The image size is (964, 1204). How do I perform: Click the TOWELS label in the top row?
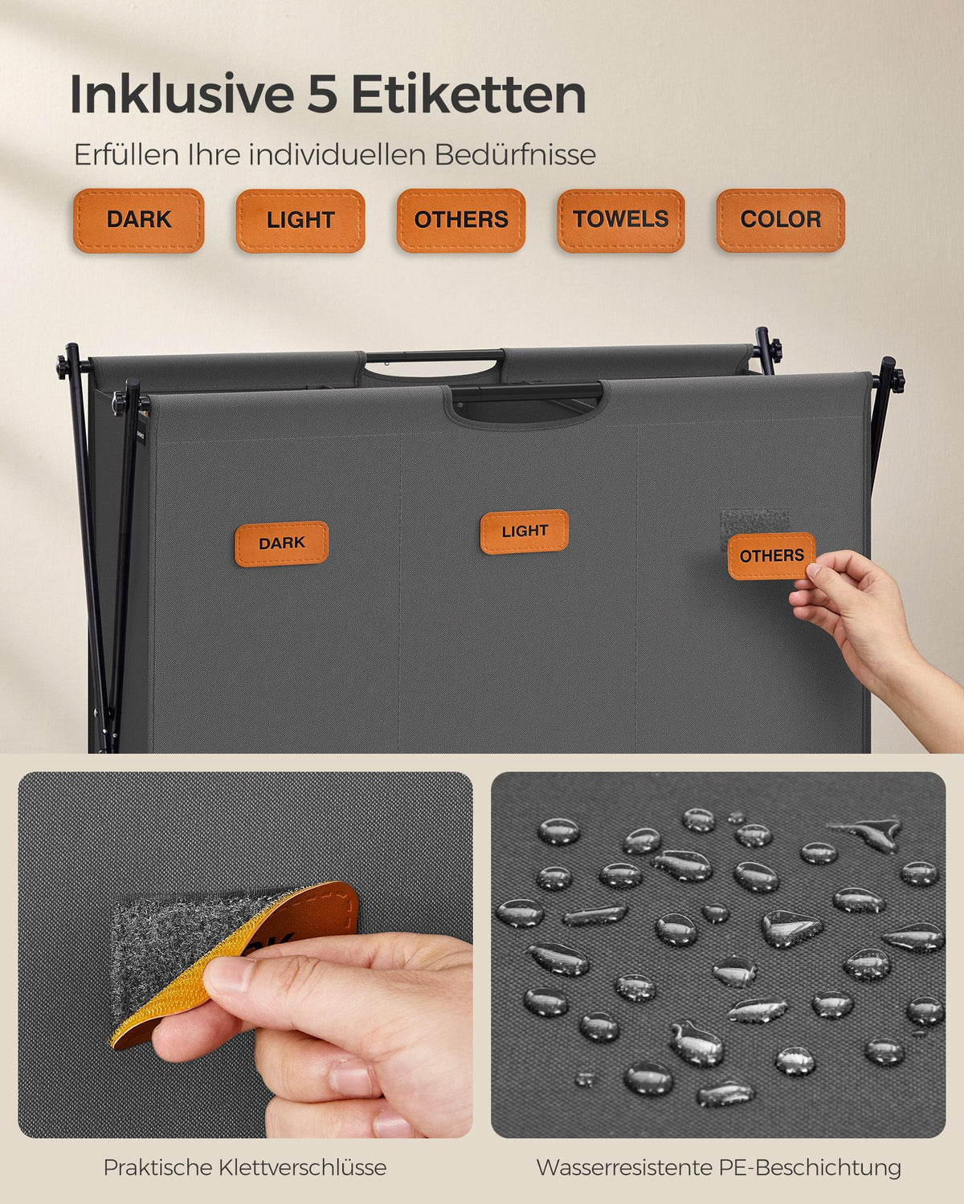coord(621,220)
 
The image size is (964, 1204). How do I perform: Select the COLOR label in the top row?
coord(780,220)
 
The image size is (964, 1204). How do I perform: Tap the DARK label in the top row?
coord(138,220)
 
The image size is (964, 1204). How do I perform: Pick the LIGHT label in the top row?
coord(300,221)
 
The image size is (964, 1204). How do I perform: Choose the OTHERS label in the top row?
coord(461,220)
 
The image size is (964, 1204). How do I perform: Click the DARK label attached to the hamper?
coord(281,544)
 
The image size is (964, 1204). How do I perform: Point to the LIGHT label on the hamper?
coord(525,531)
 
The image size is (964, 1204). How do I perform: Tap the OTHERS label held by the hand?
coord(772,556)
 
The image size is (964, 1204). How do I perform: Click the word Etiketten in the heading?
coord(468,95)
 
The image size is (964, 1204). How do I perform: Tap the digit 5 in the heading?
coord(322,95)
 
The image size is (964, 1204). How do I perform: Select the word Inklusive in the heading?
coord(182,95)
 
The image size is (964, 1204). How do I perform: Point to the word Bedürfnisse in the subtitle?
coord(515,155)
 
